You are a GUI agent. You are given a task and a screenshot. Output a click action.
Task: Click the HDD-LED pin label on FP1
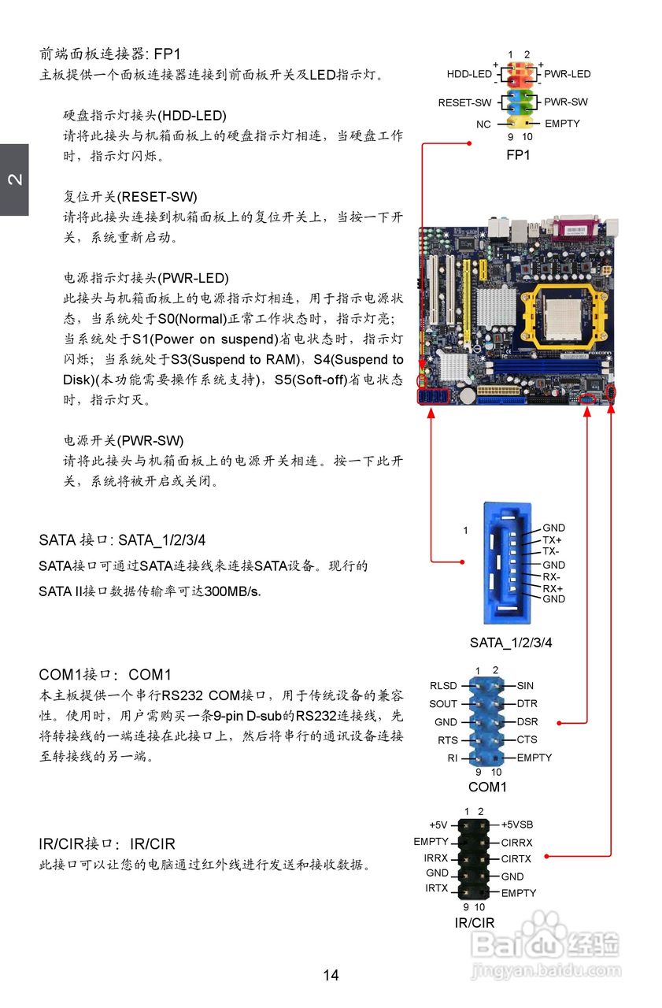point(469,74)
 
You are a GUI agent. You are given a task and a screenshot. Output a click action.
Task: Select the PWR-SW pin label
point(566,102)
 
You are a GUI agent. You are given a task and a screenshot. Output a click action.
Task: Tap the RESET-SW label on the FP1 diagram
point(464,103)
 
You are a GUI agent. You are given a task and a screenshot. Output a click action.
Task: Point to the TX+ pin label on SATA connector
point(553,540)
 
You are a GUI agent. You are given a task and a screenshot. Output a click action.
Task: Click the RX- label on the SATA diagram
point(551,576)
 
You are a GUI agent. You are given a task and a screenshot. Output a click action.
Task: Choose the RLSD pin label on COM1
point(443,686)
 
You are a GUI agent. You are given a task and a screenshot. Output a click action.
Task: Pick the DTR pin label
point(527,703)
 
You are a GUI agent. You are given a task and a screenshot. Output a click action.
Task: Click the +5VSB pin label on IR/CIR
point(517,825)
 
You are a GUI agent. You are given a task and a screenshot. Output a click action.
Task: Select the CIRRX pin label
point(517,843)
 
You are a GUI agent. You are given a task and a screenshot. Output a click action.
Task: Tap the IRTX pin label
point(437,888)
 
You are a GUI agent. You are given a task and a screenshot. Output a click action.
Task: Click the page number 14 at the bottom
point(331,975)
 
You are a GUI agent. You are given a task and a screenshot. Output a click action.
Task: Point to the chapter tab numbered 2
point(14,180)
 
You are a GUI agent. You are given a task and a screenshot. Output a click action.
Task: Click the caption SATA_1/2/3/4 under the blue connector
point(511,643)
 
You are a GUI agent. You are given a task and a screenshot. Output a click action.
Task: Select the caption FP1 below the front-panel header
point(518,155)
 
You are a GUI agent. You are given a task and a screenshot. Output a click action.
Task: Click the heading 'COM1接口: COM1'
point(105,675)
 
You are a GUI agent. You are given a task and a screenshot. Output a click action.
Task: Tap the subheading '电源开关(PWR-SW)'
point(124,440)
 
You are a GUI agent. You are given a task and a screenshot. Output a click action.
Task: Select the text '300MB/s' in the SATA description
point(232,591)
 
